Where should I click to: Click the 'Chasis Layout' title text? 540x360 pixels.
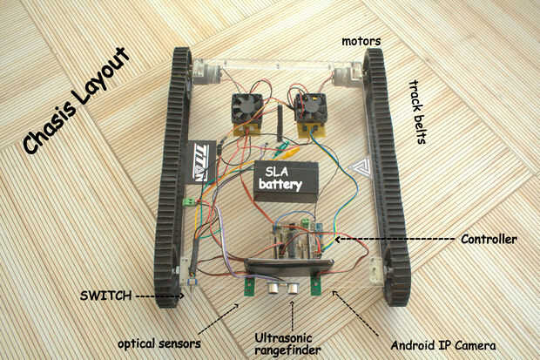(77, 100)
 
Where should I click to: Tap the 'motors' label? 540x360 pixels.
(361, 41)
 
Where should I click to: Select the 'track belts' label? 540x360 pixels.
(418, 112)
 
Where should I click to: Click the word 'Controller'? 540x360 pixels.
(489, 239)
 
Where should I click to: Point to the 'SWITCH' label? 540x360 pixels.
(105, 295)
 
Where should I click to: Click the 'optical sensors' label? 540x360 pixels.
(159, 343)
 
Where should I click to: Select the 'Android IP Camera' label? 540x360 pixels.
(443, 345)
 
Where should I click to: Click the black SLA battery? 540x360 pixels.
(286, 181)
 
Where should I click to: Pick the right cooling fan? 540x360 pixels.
(310, 108)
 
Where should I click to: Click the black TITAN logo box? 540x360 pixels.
(201, 162)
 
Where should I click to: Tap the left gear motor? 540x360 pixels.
(206, 71)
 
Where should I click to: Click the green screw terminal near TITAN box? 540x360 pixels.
(189, 201)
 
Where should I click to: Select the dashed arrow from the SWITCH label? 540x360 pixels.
(159, 295)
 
